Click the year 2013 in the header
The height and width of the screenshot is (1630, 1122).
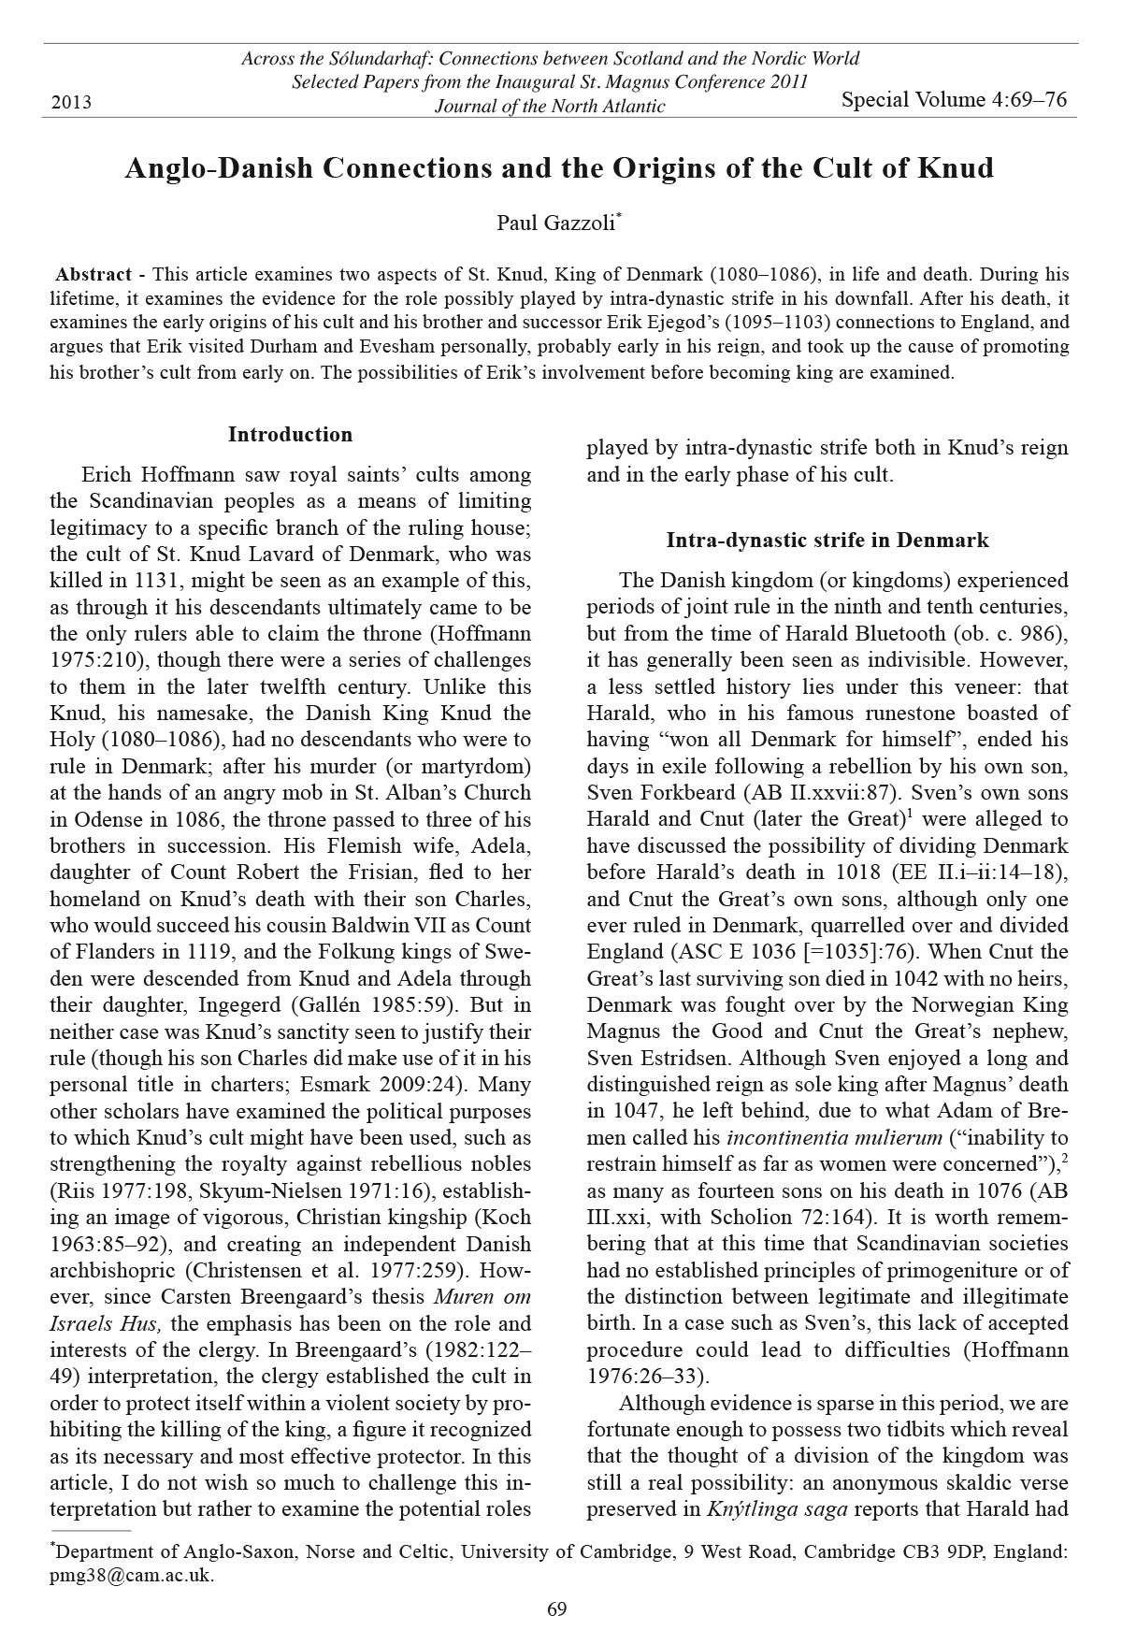point(71,102)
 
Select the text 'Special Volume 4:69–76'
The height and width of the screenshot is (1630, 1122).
point(954,100)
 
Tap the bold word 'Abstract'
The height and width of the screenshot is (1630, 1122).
point(93,275)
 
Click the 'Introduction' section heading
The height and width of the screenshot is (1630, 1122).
point(290,435)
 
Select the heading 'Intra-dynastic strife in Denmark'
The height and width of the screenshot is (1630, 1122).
point(827,541)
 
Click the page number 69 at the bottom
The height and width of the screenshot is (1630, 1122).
point(556,1609)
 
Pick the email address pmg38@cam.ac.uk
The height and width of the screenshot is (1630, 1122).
point(131,1575)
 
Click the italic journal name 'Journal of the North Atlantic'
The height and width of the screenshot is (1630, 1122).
point(550,106)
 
